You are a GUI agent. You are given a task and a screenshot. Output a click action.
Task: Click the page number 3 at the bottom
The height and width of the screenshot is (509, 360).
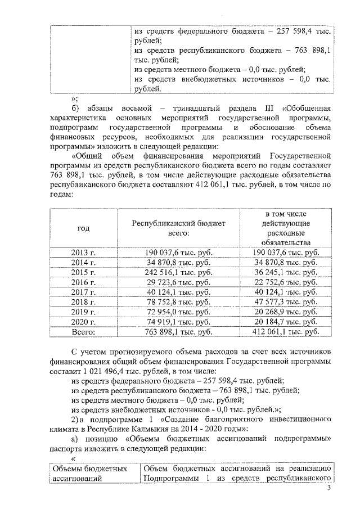[x=329, y=496]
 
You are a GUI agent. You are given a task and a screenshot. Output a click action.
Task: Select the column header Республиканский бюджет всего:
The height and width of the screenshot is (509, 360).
[x=178, y=228]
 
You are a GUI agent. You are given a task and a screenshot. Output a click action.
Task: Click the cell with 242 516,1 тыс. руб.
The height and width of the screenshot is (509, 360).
[x=178, y=272]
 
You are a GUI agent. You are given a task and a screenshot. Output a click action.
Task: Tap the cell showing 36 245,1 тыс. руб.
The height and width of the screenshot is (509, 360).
[x=285, y=272]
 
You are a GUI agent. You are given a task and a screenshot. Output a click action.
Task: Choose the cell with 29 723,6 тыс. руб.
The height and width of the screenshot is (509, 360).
[x=178, y=282]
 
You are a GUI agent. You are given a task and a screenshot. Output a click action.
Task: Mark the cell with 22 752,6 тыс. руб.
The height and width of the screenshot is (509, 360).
[x=285, y=282]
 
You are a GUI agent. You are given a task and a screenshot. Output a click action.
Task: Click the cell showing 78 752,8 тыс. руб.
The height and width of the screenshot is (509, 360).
[x=178, y=302]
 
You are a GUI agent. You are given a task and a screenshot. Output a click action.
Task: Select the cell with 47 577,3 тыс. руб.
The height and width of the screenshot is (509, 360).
[x=285, y=302]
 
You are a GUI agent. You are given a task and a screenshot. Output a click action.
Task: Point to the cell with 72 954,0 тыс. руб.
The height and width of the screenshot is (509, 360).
[x=178, y=312]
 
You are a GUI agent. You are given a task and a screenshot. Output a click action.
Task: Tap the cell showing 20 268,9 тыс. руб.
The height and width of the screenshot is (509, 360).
[x=285, y=312]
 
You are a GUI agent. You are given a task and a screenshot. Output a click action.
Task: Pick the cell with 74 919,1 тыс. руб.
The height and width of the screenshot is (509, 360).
[x=178, y=322]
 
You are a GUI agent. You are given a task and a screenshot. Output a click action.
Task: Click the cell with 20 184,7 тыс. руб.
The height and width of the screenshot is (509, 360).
[x=285, y=322]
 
